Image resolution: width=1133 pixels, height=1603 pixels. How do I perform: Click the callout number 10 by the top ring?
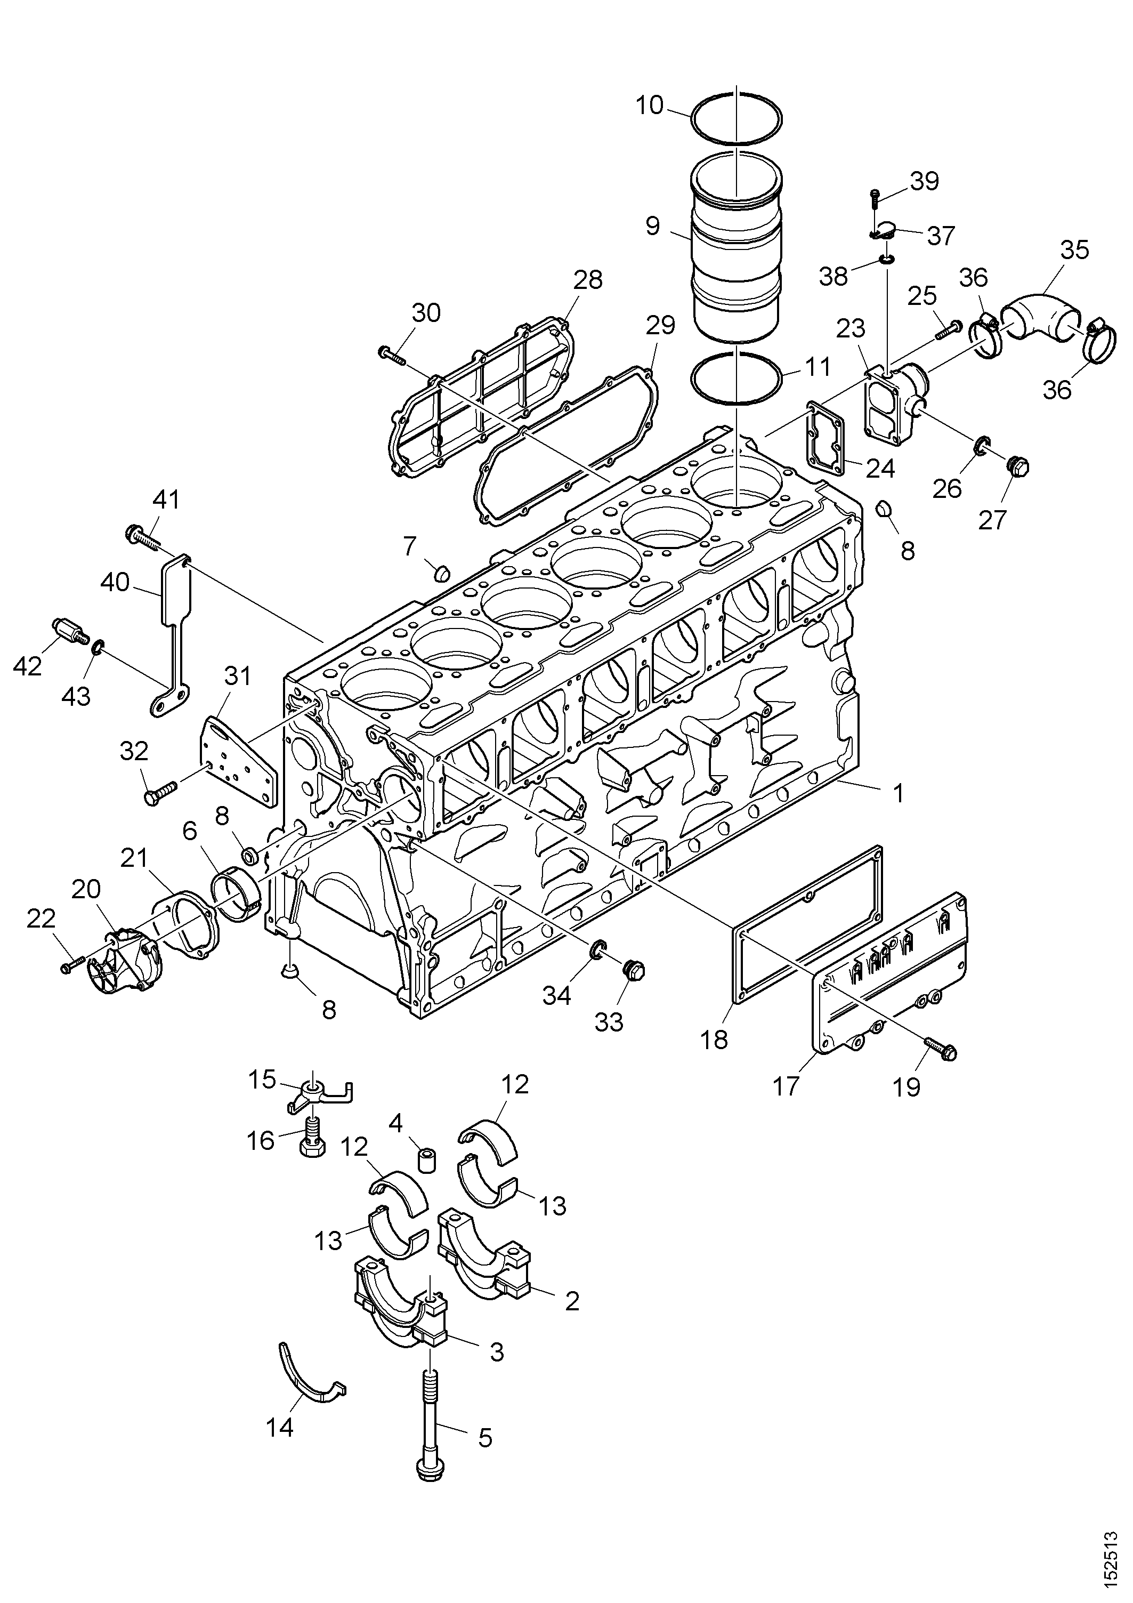650,106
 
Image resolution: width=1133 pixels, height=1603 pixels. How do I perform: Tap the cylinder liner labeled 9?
737,248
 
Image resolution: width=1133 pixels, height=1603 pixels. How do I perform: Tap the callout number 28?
588,280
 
